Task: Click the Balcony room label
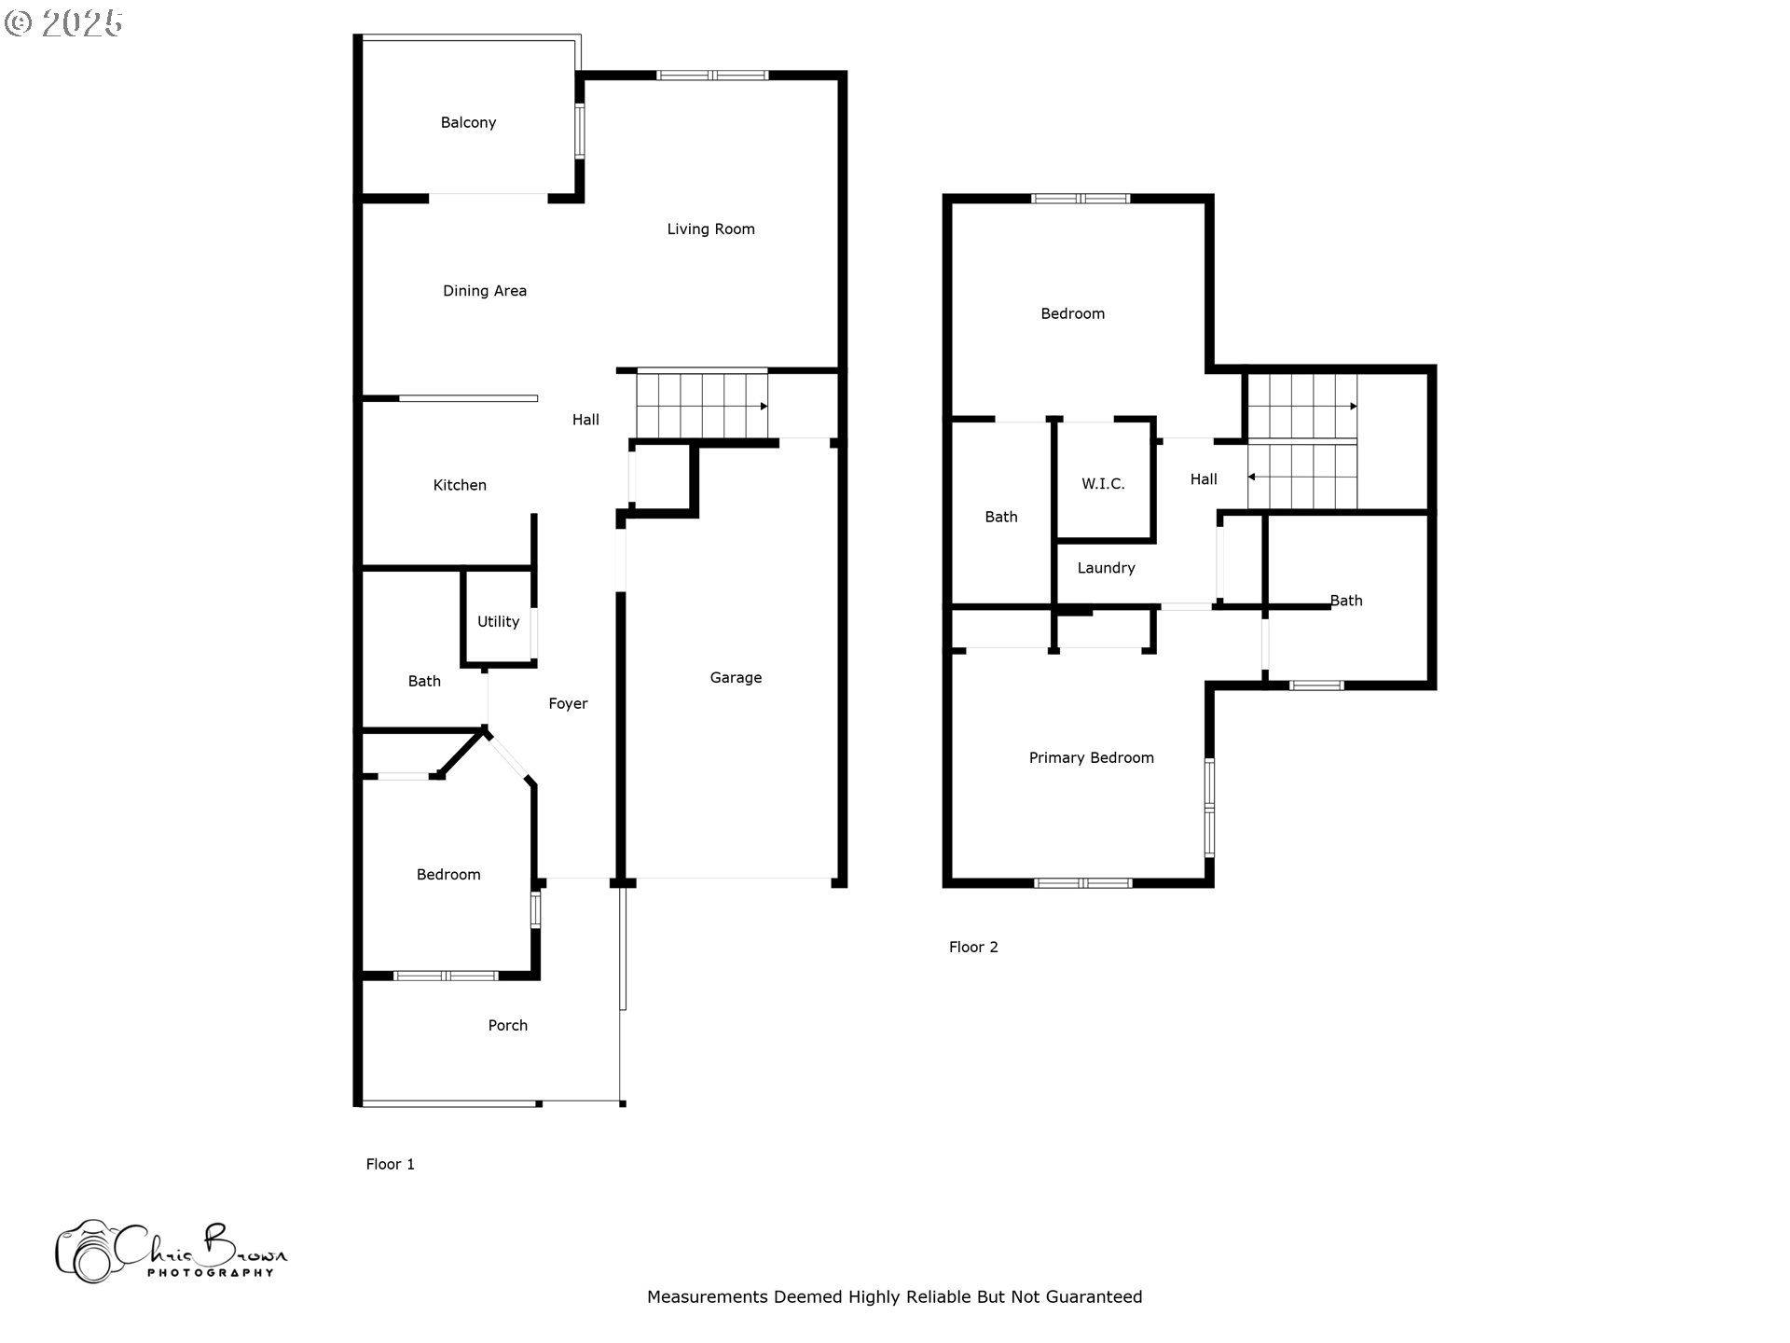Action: (x=468, y=122)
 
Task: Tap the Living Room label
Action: (x=710, y=229)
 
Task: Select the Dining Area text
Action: (x=485, y=291)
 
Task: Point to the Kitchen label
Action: (x=460, y=485)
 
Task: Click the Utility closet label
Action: (x=498, y=622)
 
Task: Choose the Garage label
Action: (x=736, y=678)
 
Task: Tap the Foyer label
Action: (x=568, y=704)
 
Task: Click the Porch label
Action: (x=508, y=1026)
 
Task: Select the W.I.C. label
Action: (x=1103, y=484)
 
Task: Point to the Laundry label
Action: (x=1107, y=568)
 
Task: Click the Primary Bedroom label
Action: (x=1092, y=758)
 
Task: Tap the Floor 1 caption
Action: (x=390, y=1164)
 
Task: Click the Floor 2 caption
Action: (x=973, y=948)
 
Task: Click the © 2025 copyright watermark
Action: (x=63, y=22)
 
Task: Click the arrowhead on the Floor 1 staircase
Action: (x=764, y=407)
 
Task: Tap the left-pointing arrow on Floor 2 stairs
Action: (x=1252, y=478)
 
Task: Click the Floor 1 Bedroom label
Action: (x=448, y=875)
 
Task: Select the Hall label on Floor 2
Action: (x=1204, y=479)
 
